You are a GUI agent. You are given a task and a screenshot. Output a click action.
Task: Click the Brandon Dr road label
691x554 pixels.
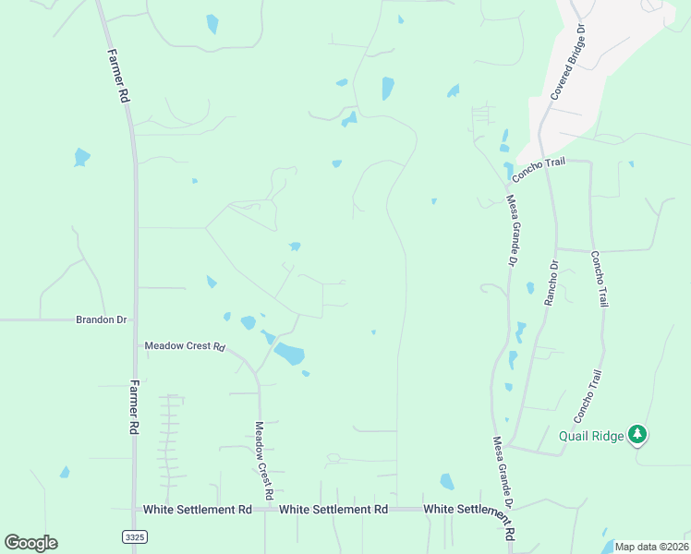click(x=101, y=319)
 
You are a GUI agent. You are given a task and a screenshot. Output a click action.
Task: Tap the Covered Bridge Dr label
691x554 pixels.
click(x=569, y=62)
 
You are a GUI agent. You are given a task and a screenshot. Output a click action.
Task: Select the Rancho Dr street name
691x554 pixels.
click(x=552, y=283)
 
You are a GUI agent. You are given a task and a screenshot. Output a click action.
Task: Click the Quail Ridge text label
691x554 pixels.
click(x=590, y=437)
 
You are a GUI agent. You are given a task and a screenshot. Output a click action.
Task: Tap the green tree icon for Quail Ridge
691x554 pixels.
click(x=636, y=434)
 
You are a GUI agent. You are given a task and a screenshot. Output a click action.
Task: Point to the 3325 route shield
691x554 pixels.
click(x=133, y=536)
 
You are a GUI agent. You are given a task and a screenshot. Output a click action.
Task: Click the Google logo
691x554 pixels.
click(x=30, y=543)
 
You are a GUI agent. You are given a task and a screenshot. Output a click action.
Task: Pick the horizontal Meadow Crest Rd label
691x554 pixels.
click(x=185, y=347)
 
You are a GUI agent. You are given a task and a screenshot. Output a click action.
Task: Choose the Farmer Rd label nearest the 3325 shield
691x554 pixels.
click(x=135, y=407)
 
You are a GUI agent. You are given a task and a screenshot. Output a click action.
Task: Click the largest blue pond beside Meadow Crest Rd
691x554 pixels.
click(x=289, y=354)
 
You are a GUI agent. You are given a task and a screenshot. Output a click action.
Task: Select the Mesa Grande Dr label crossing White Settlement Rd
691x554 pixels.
click(x=503, y=488)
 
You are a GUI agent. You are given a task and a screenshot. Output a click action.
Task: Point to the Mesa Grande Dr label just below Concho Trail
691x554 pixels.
click(x=511, y=231)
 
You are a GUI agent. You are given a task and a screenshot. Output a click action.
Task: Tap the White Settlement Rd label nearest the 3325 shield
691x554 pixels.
click(x=198, y=509)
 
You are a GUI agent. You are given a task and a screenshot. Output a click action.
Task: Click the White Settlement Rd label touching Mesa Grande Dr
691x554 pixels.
click(x=467, y=510)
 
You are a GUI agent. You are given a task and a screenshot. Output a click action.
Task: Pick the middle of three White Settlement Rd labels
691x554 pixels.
click(x=333, y=509)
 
